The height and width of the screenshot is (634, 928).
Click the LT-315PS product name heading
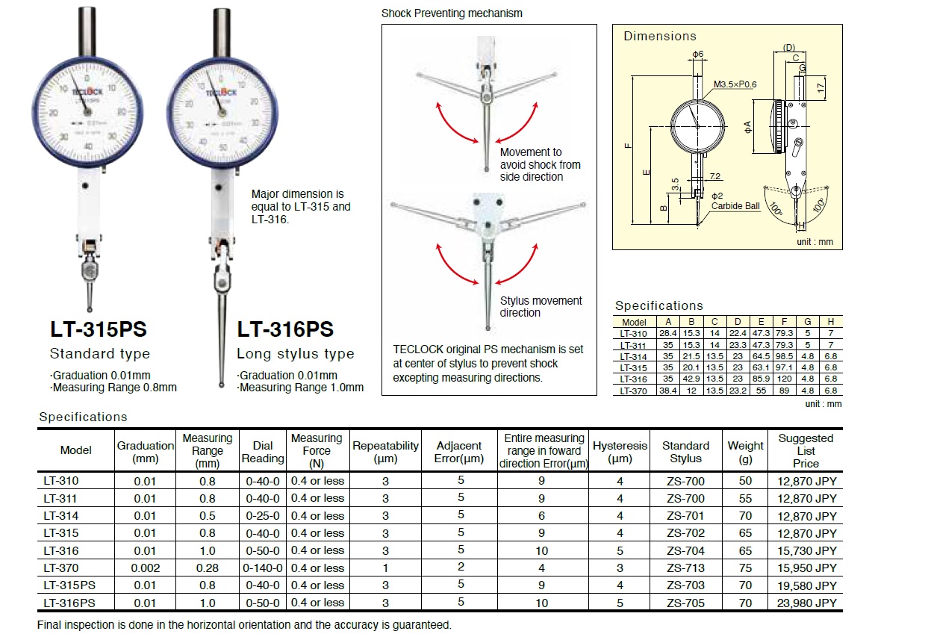pos(98,329)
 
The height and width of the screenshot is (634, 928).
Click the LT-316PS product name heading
pos(285,329)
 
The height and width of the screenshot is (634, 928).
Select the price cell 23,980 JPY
pos(806,603)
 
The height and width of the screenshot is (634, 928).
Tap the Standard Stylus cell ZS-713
pos(685,568)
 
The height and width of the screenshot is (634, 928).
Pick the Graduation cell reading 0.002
pos(145,568)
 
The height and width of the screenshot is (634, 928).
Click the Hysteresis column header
pos(620,451)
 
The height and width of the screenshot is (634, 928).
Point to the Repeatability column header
pos(385,451)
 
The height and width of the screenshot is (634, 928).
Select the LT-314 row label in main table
pos(60,515)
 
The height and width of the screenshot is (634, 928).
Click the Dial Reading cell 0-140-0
pos(263,568)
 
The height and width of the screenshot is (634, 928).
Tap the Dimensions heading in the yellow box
pos(660,36)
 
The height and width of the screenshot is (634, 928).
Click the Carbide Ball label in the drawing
pos(735,206)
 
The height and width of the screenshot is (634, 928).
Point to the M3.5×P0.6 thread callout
pos(735,84)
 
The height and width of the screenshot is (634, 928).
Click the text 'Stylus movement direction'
pos(541,306)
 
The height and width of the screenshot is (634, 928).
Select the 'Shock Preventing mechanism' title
pos(452,13)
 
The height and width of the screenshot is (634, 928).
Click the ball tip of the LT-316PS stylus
pos(224,385)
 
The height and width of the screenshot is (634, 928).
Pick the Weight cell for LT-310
pos(745,481)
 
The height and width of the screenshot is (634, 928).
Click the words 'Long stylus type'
pos(295,354)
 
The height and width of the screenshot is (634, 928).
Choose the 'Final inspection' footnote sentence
pos(244,624)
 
